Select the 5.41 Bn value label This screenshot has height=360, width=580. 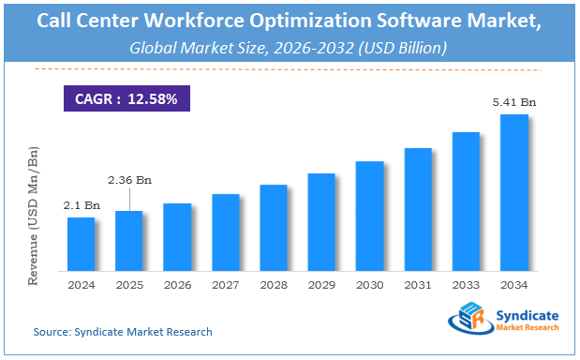(x=514, y=102)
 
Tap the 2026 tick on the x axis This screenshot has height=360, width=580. (x=177, y=285)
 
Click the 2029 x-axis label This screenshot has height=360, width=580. (x=321, y=285)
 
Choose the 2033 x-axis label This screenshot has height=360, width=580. (x=466, y=285)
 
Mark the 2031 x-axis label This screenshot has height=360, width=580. (x=418, y=285)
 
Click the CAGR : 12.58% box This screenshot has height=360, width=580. (x=121, y=97)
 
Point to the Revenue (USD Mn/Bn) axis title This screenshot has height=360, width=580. (x=35, y=216)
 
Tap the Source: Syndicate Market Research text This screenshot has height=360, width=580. (x=123, y=332)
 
